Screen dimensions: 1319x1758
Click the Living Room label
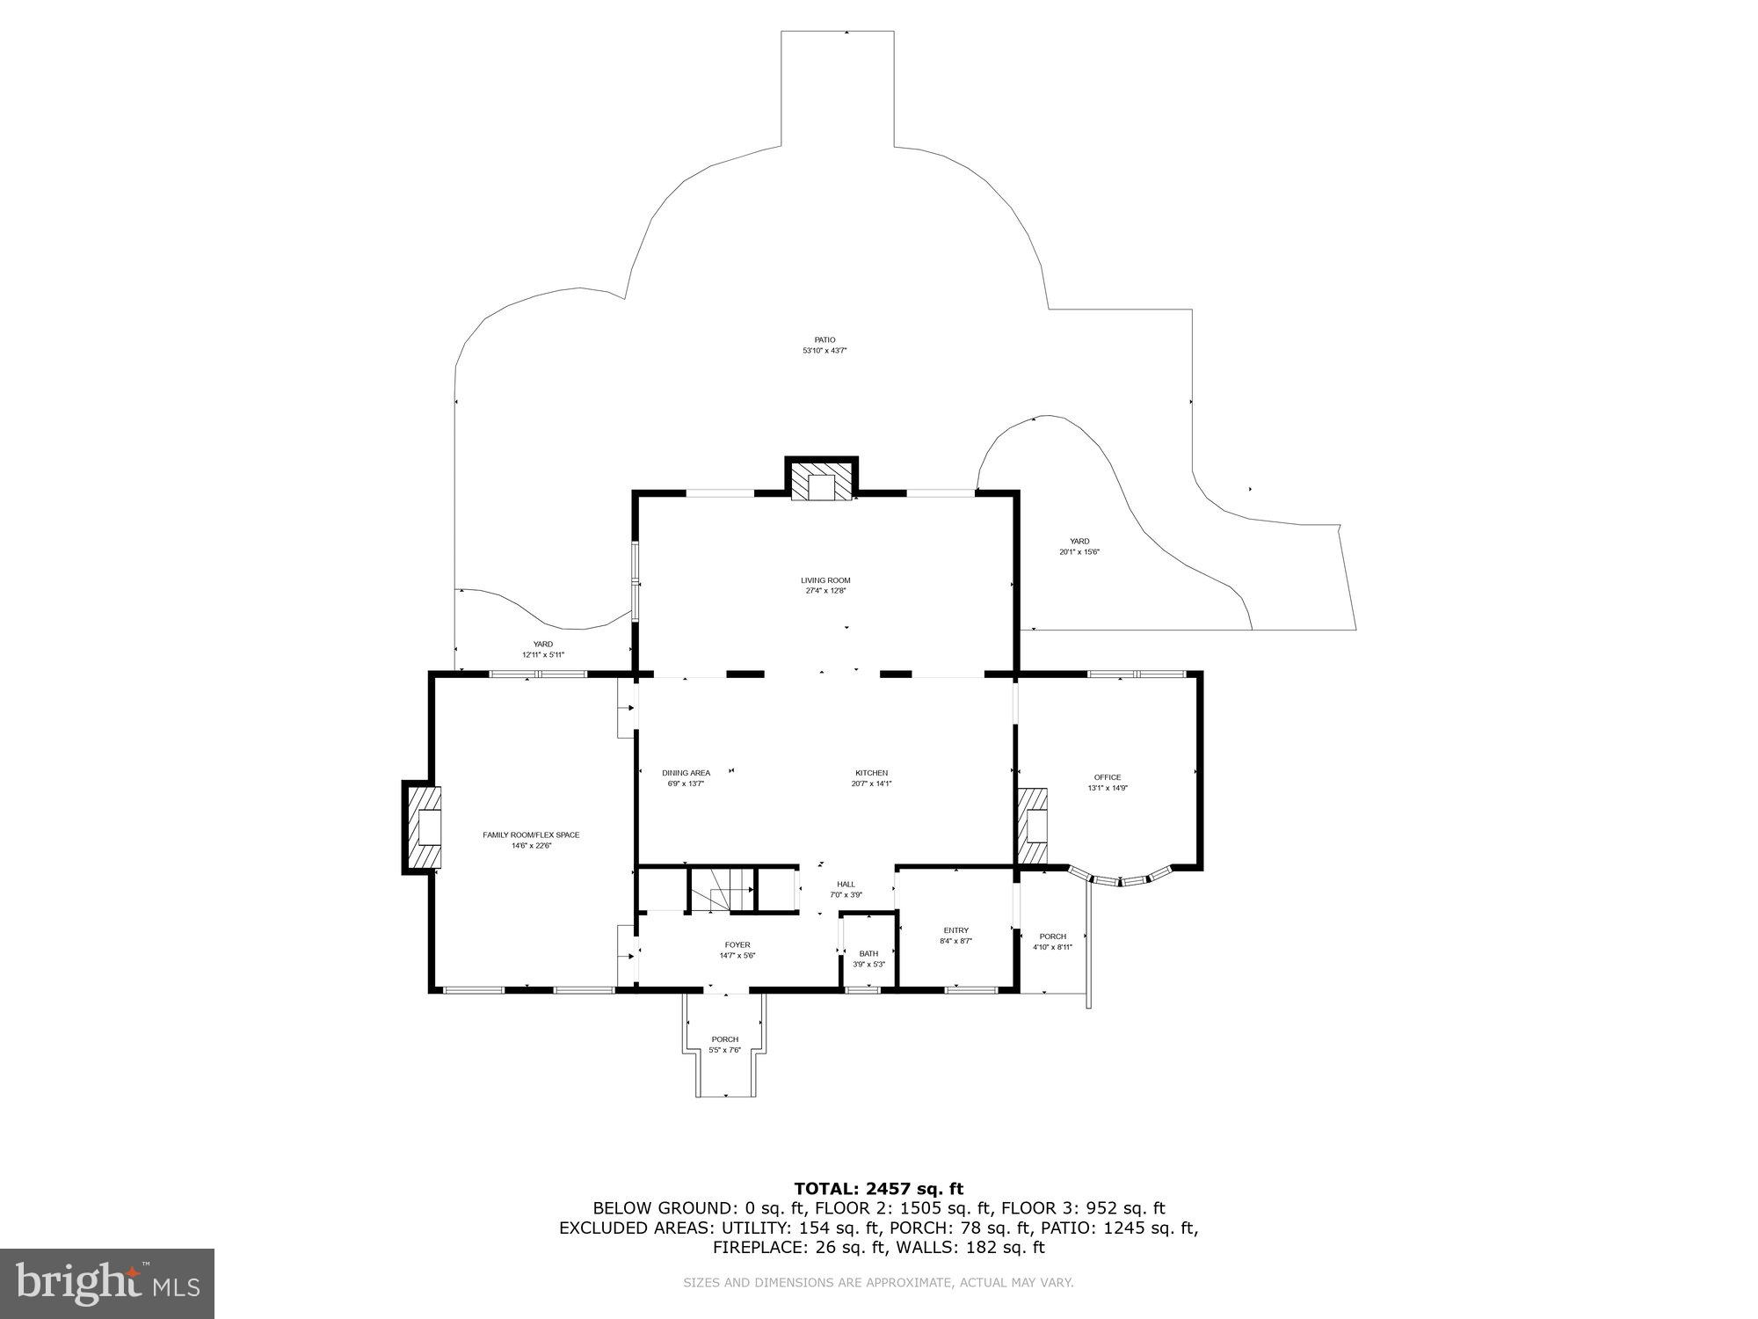click(825, 580)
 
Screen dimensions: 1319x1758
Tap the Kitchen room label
click(871, 773)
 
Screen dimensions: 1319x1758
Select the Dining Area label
click(686, 773)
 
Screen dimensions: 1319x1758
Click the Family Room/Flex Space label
click(531, 834)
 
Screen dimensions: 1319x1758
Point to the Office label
click(1107, 777)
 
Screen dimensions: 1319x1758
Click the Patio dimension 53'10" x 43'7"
click(825, 351)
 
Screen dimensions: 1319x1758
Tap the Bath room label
click(868, 954)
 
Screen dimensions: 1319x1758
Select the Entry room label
click(955, 930)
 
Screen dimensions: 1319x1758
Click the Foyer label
click(737, 945)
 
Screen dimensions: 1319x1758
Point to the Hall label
click(846, 885)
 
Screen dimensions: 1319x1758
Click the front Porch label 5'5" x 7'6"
click(725, 1039)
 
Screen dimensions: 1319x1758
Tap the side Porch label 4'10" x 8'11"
click(1052, 936)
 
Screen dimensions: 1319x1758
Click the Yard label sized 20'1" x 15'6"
click(1079, 542)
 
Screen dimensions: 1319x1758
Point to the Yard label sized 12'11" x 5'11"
click(543, 645)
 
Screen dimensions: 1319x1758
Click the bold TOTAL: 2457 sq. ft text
click(878, 1189)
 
